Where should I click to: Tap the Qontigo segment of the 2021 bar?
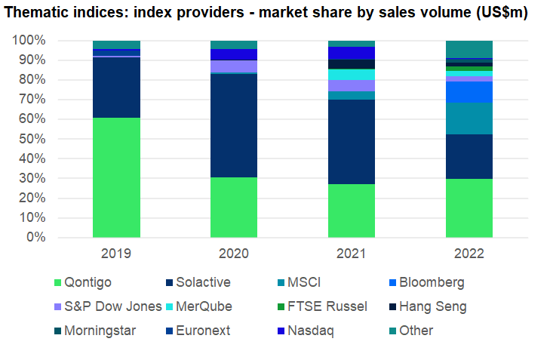click(352, 211)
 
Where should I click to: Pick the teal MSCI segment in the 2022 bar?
click(469, 118)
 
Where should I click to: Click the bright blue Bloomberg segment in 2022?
click(469, 92)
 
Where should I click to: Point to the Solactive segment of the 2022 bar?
click(469, 156)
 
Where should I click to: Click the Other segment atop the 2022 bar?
click(469, 49)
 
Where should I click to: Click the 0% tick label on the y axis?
click(36, 237)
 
